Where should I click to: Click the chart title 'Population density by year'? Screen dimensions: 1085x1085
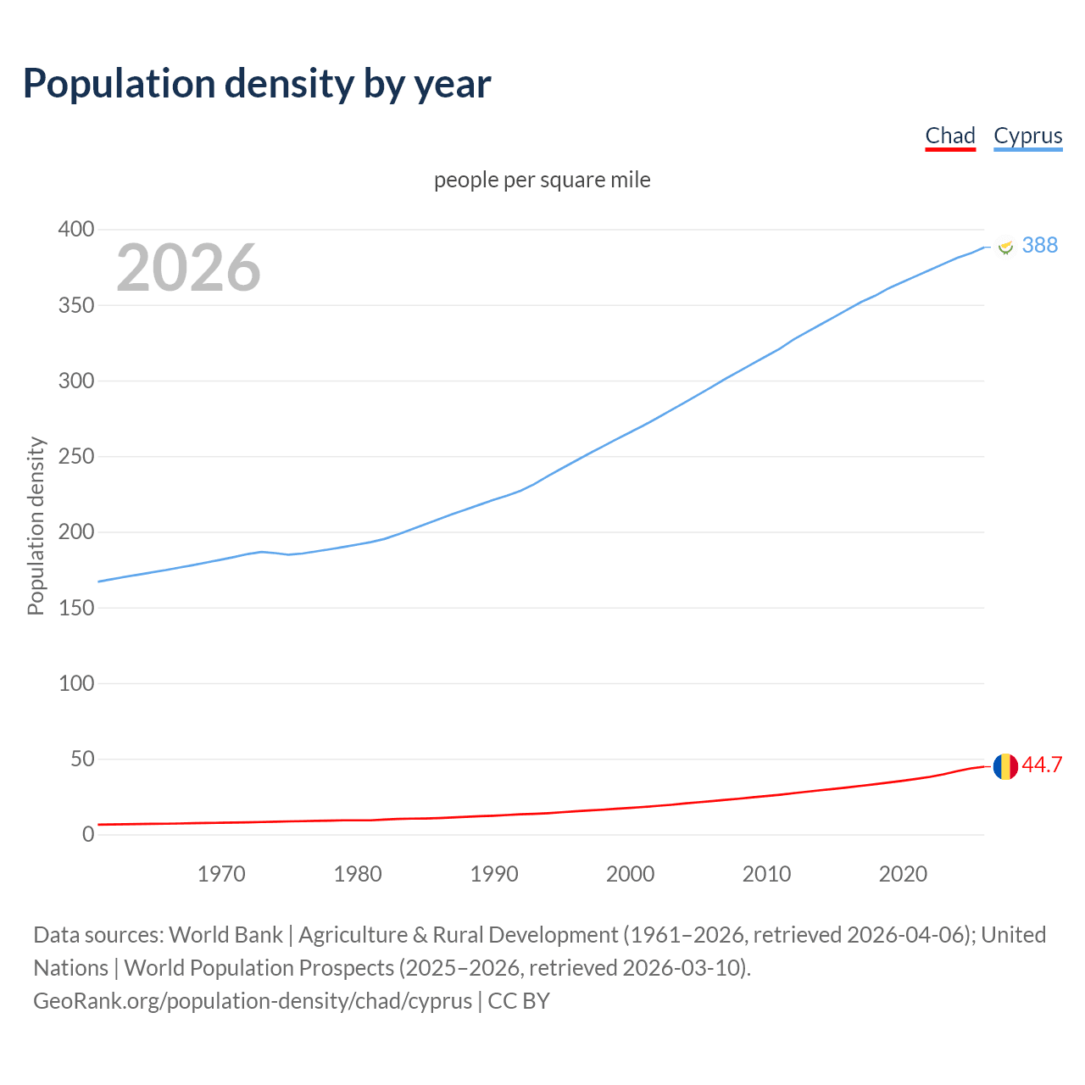257,84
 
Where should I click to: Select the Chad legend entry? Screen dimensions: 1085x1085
949,136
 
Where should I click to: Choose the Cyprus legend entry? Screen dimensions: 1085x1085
1027,136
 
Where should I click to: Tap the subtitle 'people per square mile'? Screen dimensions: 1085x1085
542,180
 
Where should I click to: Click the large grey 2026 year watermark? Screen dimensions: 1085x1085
188,268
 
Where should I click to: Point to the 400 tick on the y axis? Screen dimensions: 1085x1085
76,230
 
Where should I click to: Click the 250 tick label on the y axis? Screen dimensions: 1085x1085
76,457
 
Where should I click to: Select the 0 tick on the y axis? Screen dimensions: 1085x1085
88,834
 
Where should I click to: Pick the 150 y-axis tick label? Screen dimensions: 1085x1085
76,608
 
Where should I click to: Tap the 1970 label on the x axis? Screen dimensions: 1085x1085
221,874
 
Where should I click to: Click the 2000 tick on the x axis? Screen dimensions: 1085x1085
630,874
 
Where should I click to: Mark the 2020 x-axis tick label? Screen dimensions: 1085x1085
903,874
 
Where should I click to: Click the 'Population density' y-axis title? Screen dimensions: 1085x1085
36,526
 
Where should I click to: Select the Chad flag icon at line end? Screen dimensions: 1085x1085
1005,766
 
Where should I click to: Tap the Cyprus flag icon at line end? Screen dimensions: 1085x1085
1005,247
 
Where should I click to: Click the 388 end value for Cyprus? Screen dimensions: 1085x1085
1040,245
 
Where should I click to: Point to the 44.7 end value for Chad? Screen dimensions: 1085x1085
1042,765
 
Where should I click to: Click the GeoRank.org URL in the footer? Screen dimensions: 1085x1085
253,1001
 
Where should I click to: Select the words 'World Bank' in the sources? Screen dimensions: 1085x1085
225,935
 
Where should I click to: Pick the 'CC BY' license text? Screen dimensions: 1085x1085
519,1001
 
